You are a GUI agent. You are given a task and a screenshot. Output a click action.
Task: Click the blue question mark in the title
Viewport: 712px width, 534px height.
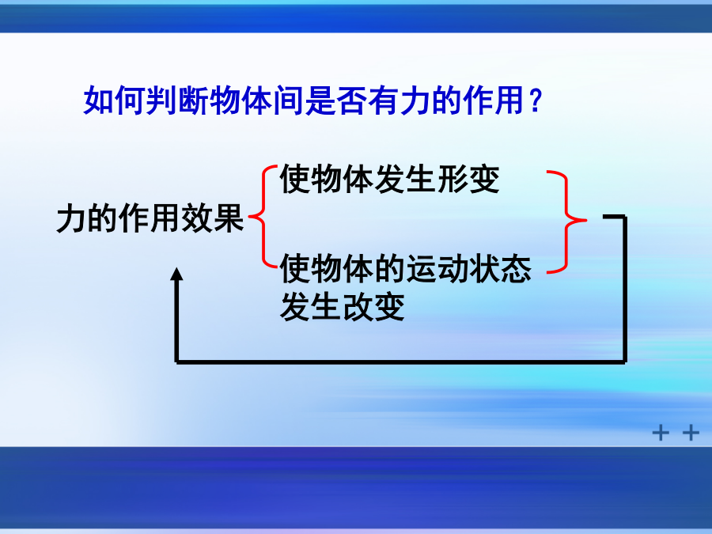click(x=536, y=100)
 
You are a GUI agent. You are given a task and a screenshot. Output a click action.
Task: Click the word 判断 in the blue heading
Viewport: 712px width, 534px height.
click(x=162, y=100)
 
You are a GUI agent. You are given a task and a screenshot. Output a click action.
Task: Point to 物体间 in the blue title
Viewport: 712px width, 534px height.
click(x=257, y=100)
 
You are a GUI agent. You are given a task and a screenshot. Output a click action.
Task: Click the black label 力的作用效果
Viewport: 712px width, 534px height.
click(x=150, y=218)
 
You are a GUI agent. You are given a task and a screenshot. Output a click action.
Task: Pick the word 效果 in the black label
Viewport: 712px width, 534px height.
click(x=213, y=218)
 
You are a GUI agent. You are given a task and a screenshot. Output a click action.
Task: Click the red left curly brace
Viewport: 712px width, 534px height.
click(x=263, y=217)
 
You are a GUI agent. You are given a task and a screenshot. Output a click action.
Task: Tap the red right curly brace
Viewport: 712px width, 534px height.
click(x=566, y=222)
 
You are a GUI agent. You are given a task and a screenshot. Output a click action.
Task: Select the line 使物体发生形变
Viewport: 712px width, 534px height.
click(x=389, y=179)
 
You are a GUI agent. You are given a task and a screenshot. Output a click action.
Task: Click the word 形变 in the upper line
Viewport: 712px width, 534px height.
click(x=468, y=179)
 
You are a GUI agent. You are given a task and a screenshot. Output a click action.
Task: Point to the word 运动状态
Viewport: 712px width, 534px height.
click(x=468, y=269)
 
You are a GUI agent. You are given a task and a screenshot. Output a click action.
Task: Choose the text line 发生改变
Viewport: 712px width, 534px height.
click(x=343, y=307)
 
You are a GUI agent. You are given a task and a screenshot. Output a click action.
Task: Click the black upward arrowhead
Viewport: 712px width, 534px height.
click(x=176, y=274)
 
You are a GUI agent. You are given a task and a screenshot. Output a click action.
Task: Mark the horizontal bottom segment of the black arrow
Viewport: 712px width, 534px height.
click(x=401, y=362)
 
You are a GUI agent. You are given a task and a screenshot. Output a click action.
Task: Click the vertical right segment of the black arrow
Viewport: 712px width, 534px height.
click(x=625, y=289)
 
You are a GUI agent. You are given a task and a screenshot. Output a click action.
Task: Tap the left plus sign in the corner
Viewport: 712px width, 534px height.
click(x=661, y=433)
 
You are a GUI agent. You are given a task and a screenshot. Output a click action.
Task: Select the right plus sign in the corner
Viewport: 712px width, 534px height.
click(x=691, y=433)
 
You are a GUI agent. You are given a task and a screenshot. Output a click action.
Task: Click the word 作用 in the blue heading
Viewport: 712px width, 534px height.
click(x=494, y=100)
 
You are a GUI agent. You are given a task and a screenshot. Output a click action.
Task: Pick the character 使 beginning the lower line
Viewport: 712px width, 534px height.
click(x=295, y=269)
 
